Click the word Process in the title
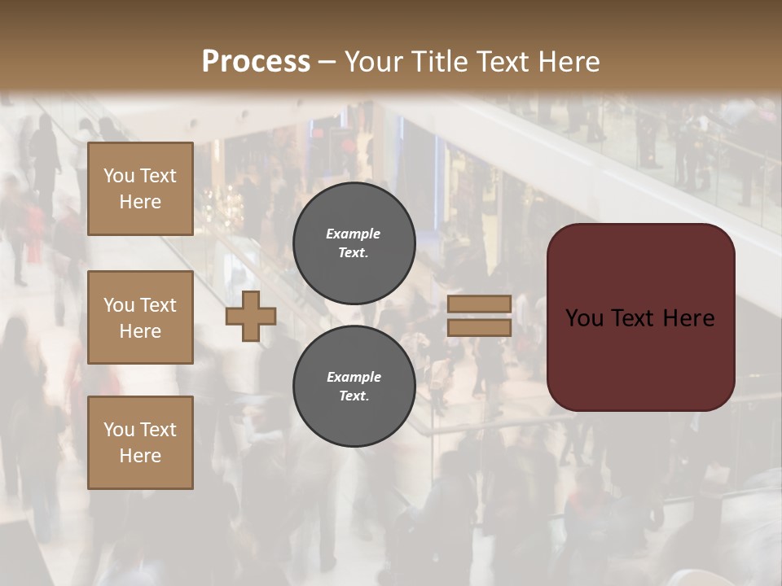[256, 62]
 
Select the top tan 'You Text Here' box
[140, 189]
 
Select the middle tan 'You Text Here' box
[140, 317]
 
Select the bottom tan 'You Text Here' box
[140, 443]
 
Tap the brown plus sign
[251, 317]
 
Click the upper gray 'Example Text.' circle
[354, 243]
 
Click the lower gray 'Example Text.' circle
[354, 387]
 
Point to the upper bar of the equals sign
[479, 304]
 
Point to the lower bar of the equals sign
[479, 327]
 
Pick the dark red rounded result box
[640, 317]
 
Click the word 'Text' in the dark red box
[641, 318]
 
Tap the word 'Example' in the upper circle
[354, 234]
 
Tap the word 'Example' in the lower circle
[354, 377]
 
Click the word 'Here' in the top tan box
[140, 202]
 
